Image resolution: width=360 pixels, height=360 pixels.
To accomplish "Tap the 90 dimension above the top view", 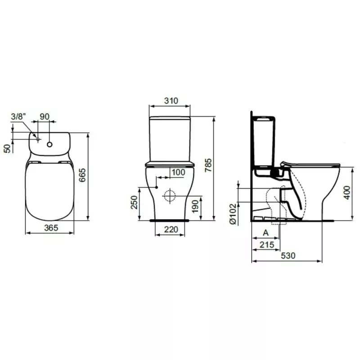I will pyautogui.click(x=44, y=117).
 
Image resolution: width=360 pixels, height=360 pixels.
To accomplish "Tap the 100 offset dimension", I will pyautogui.click(x=178, y=172).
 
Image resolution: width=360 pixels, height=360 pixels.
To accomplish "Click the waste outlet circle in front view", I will pyautogui.click(x=170, y=195).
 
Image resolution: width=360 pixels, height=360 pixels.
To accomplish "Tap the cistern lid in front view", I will pyautogui.click(x=170, y=118).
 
